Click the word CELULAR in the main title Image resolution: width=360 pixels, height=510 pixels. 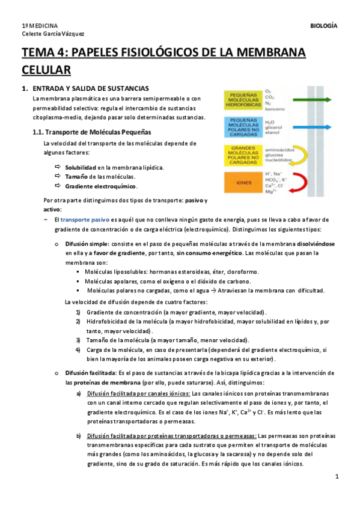(x=47, y=70)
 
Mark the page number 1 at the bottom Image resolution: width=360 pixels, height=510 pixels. (x=337, y=477)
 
